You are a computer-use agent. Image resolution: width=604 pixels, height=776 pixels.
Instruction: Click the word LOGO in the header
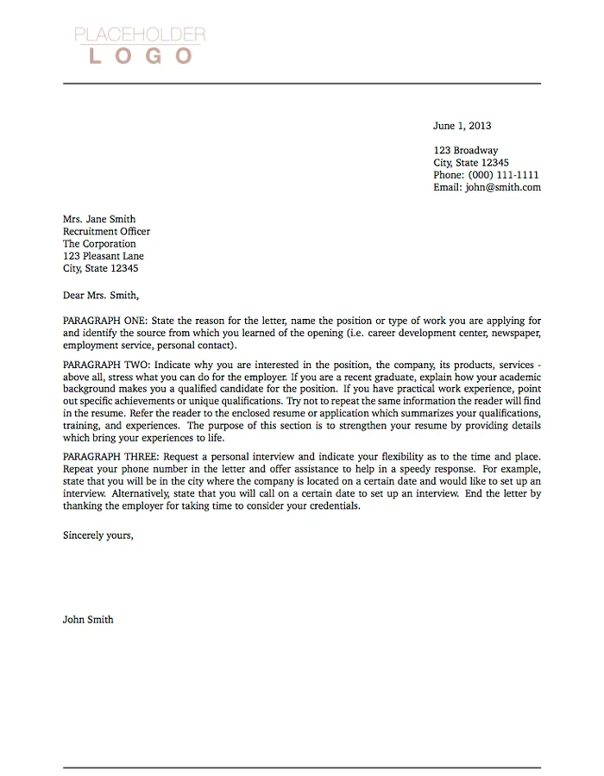140,56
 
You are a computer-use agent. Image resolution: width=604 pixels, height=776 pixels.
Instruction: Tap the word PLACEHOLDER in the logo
140,35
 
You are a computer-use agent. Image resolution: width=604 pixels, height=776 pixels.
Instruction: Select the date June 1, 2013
462,126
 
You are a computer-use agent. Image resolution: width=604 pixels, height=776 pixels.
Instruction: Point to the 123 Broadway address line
465,150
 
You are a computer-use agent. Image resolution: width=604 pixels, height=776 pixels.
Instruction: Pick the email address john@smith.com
503,187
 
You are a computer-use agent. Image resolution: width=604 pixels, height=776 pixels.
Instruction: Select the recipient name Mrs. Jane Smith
99,219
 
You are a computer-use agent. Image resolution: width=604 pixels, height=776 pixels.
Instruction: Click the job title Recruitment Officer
106,231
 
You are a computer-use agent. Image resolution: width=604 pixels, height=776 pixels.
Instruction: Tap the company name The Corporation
99,244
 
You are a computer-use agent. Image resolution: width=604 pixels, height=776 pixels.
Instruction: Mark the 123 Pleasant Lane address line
104,256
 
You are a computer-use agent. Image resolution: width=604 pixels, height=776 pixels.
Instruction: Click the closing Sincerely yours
98,535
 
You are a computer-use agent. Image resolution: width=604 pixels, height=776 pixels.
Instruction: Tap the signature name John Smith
88,619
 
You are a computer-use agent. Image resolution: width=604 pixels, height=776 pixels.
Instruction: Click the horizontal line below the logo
302,84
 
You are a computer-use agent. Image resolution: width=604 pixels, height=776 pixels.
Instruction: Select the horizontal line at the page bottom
302,767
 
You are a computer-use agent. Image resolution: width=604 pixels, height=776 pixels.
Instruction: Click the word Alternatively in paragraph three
141,494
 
